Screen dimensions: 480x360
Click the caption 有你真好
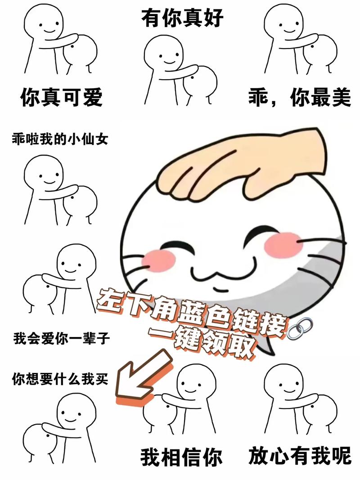point(182,18)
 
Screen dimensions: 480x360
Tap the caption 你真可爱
point(61,97)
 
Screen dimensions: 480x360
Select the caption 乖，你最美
point(299,97)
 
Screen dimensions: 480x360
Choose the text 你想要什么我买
point(60,379)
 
